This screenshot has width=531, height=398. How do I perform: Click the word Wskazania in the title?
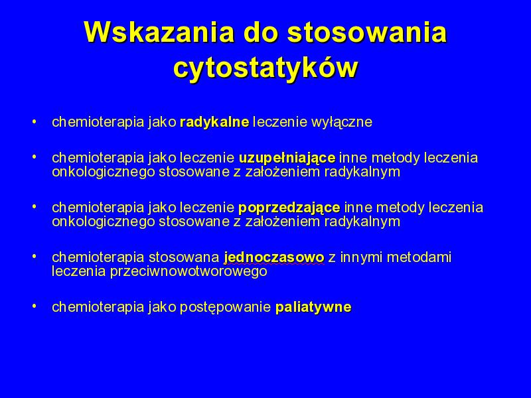(159, 32)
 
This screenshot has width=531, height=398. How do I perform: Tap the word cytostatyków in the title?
(265, 68)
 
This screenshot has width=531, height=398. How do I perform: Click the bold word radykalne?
(214, 122)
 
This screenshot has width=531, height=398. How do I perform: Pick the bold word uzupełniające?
(287, 158)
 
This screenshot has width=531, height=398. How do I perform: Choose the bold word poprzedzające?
(289, 208)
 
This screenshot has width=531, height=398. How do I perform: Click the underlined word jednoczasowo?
(274, 257)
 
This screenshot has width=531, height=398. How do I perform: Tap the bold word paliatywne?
(313, 307)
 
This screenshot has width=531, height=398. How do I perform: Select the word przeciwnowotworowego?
(189, 271)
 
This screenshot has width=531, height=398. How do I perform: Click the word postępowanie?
(225, 307)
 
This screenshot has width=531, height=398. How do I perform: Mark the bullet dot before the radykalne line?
(34, 121)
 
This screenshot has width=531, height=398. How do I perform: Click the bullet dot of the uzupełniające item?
(34, 157)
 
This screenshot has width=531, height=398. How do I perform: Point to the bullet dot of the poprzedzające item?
(34, 206)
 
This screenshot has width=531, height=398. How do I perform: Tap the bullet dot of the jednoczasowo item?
(34, 257)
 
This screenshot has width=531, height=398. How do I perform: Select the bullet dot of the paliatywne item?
(34, 306)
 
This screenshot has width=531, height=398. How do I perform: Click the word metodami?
(419, 257)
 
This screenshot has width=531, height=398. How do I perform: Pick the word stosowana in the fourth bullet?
(184, 257)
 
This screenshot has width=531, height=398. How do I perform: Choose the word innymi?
(361, 257)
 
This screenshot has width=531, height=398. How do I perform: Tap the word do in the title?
(261, 32)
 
